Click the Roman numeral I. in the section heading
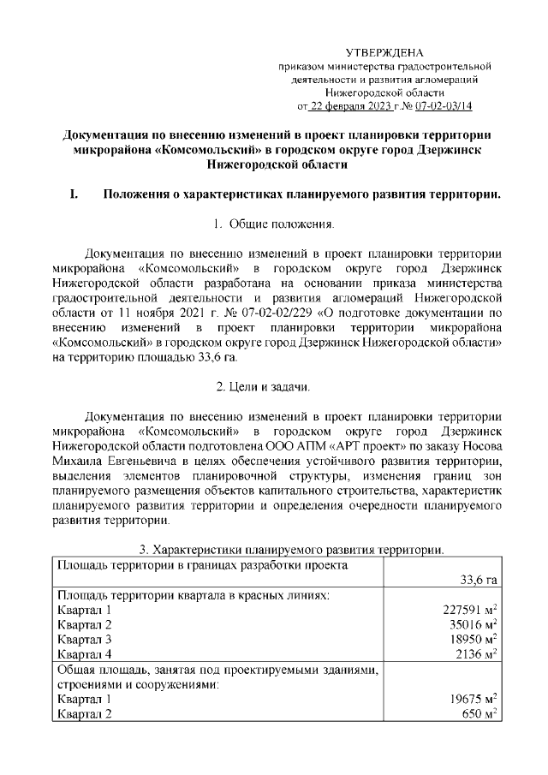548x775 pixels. click(x=74, y=194)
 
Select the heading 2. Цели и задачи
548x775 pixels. click(x=273, y=388)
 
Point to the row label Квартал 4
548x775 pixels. click(x=84, y=655)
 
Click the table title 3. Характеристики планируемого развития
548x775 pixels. click(x=290, y=549)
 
